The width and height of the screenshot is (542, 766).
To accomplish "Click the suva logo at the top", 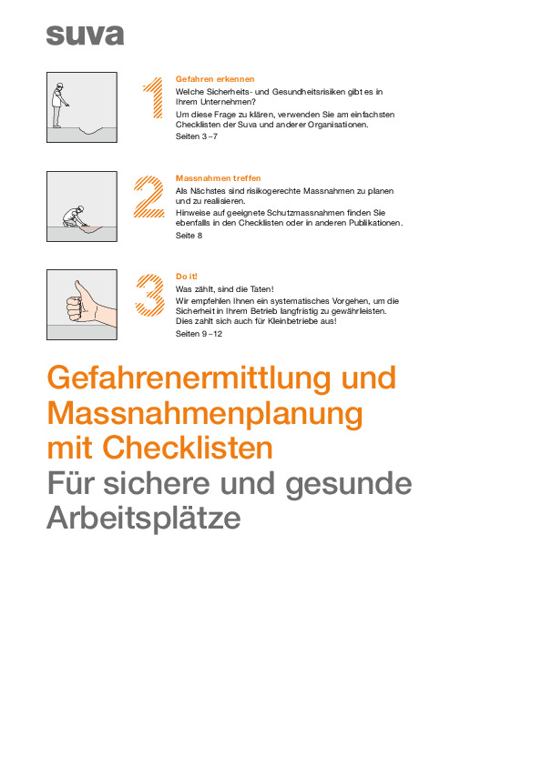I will (85, 35).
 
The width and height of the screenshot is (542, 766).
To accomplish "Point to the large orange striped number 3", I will (149, 295).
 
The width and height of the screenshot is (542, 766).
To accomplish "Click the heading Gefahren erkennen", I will (214, 80).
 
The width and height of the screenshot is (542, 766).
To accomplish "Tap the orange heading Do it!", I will (186, 277).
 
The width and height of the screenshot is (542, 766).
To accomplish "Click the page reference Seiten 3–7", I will (196, 136).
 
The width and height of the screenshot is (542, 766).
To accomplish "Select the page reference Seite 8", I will (189, 235).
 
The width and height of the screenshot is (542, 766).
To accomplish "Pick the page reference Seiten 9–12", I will (199, 333).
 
